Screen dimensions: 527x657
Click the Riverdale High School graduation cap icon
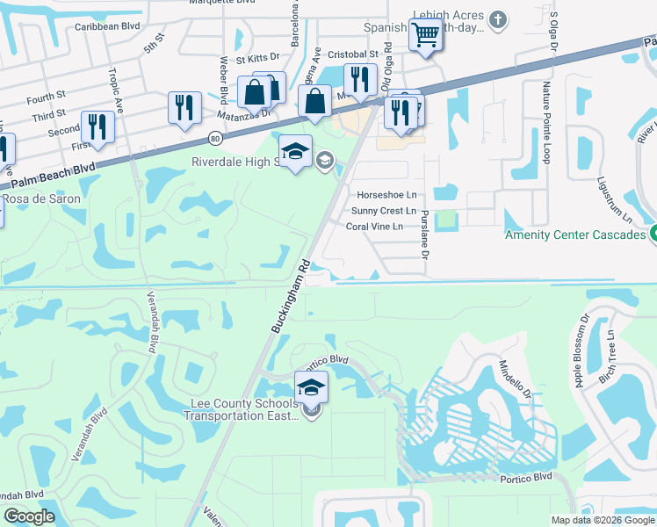click(x=296, y=150)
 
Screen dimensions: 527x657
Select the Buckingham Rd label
click(x=290, y=295)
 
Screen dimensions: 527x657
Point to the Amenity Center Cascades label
click(x=575, y=235)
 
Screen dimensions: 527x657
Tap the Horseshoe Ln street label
click(x=386, y=194)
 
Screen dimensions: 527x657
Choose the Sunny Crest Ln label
click(x=383, y=211)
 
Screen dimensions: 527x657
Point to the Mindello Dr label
click(x=516, y=381)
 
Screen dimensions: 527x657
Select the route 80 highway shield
click(x=215, y=137)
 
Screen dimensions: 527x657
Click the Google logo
click(x=29, y=516)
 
